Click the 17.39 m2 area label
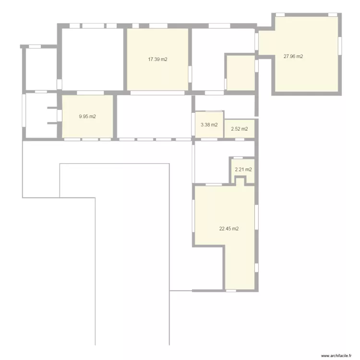click(x=157, y=60)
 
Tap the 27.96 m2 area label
click(x=293, y=57)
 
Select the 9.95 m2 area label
click(x=87, y=116)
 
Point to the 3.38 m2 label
click(x=209, y=125)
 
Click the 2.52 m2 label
click(x=240, y=129)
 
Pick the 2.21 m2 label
click(x=243, y=169)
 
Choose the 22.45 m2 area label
click(x=229, y=229)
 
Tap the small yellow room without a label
click(x=240, y=73)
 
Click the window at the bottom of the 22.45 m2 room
click(x=231, y=291)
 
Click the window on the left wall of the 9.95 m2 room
click(x=59, y=116)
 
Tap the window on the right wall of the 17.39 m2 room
click(x=190, y=74)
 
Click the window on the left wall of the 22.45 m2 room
click(x=193, y=214)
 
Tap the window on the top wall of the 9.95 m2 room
click(x=87, y=93)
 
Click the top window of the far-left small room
click(x=35, y=46)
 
